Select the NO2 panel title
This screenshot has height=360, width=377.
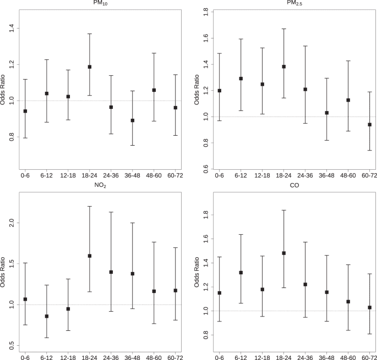point(100,186)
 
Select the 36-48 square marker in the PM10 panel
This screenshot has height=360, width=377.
point(133,120)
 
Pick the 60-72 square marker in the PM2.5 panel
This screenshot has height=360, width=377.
point(369,125)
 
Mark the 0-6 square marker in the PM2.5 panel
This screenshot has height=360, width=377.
point(220,91)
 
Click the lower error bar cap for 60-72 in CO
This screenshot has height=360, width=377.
point(369,334)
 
